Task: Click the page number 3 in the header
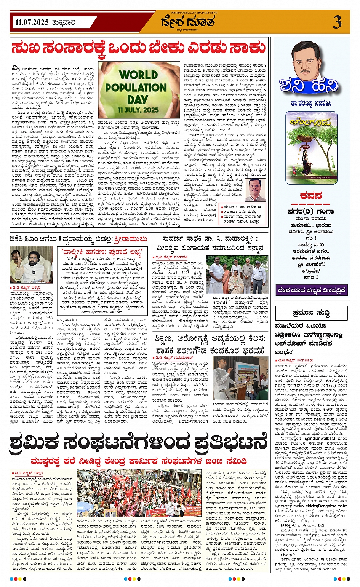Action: click(337, 22)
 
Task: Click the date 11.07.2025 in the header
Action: click(32, 22)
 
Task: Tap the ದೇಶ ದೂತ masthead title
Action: click(188, 23)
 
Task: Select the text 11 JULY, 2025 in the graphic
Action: click(138, 110)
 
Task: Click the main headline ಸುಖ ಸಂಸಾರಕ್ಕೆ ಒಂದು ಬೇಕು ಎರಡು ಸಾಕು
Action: click(138, 49)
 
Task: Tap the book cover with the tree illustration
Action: click(312, 142)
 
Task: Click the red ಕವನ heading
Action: click(311, 196)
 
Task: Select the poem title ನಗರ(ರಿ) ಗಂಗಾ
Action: click(311, 212)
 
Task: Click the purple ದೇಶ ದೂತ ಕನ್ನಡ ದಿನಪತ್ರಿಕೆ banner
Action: click(311, 290)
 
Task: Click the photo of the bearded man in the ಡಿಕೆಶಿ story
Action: click(26, 265)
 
